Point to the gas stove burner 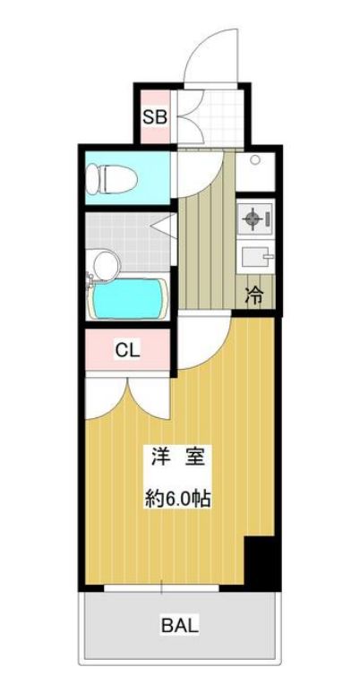coord(253,218)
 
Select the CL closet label coord(126,350)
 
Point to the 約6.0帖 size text coord(178,499)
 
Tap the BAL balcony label coord(180,624)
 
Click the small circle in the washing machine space coord(256,162)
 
